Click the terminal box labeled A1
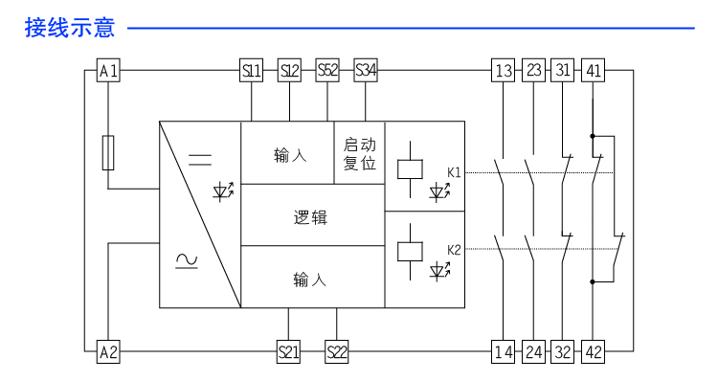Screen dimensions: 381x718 coord(109,71)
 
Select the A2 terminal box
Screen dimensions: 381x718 coord(109,351)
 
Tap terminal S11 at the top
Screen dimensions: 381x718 coord(251,71)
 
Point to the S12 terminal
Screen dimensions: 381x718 coord(289,71)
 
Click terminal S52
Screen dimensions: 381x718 coord(327,71)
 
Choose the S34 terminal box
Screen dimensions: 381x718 coord(366,71)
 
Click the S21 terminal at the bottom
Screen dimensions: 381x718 coord(288,351)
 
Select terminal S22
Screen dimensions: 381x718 coord(336,351)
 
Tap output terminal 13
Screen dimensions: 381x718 coord(504,71)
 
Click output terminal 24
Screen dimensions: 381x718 coord(533,351)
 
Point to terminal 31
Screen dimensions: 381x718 coord(563,71)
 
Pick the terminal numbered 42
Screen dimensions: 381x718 coord(594,351)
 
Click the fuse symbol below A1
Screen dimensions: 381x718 coord(109,152)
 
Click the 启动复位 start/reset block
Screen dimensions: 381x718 coord(360,153)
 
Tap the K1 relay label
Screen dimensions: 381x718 coord(454,172)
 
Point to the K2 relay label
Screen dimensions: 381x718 coord(454,250)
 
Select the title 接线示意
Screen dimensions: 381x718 coord(70,28)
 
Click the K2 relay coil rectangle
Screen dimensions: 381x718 coord(409,250)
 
